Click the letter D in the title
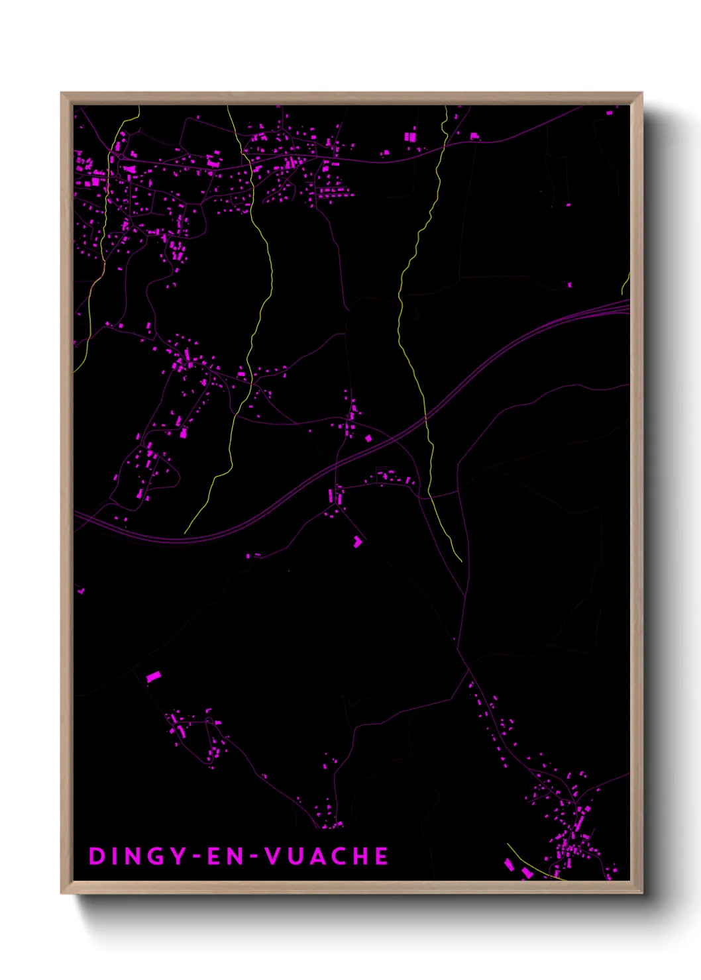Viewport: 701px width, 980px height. click(97, 856)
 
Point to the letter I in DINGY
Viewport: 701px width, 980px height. click(113, 856)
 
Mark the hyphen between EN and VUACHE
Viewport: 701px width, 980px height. click(252, 857)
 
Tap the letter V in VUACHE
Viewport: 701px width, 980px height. click(272, 856)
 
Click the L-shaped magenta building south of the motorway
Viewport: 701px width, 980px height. click(358, 542)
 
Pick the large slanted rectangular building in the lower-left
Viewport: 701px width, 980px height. click(154, 676)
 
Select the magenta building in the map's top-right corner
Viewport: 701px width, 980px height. click(610, 113)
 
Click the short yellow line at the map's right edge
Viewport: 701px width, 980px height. click(625, 284)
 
